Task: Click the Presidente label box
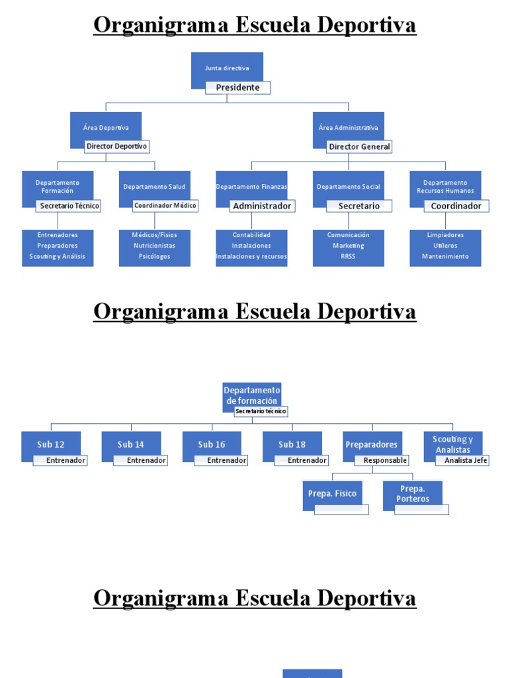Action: point(237,87)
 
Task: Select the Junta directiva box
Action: point(227,68)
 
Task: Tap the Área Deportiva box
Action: point(106,128)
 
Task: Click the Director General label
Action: point(359,146)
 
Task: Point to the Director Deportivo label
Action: point(117,146)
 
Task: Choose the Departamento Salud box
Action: point(155,187)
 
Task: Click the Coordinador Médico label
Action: point(165,205)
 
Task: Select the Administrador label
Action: point(262,206)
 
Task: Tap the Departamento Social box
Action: point(349,187)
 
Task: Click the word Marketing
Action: point(349,246)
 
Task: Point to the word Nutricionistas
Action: point(155,246)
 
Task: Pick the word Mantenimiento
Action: point(445,256)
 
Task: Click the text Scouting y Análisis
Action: point(58,256)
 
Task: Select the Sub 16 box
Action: point(212,445)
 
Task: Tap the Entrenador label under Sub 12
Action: point(60,460)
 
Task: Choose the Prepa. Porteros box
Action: point(413,494)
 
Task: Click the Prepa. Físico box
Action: point(332,494)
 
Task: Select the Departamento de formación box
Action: point(252,395)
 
